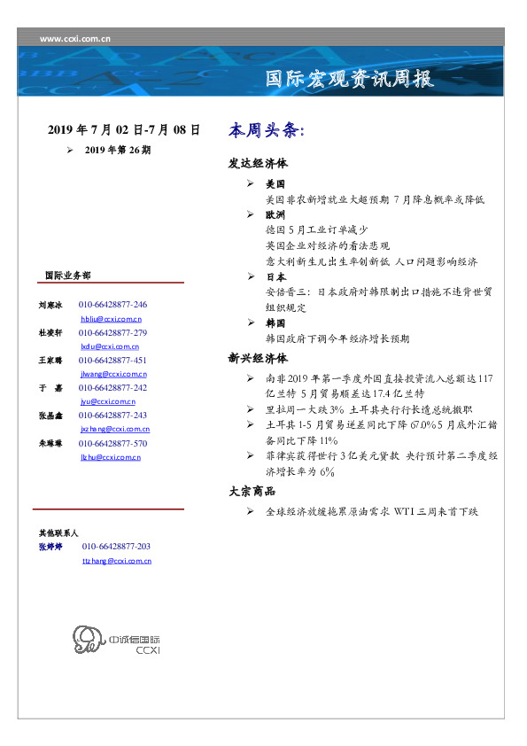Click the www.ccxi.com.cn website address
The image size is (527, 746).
coord(76,39)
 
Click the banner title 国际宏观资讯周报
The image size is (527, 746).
coord(351,79)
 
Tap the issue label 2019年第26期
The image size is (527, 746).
coord(118,150)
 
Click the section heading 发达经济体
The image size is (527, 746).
coord(258,164)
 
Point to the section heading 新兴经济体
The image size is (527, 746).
coord(258,359)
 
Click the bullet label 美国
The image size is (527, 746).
coord(275,185)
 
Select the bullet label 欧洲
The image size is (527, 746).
coord(275,214)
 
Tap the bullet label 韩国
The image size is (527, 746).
coord(275,323)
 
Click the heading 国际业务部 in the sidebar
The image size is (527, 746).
coord(66,275)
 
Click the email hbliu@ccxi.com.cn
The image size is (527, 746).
coord(111,318)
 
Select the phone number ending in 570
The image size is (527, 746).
coord(112,443)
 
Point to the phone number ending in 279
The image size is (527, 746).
coord(112,332)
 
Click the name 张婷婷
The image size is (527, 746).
coord(50,547)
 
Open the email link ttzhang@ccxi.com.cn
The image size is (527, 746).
coord(116,561)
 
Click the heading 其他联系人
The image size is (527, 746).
coord(58,533)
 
